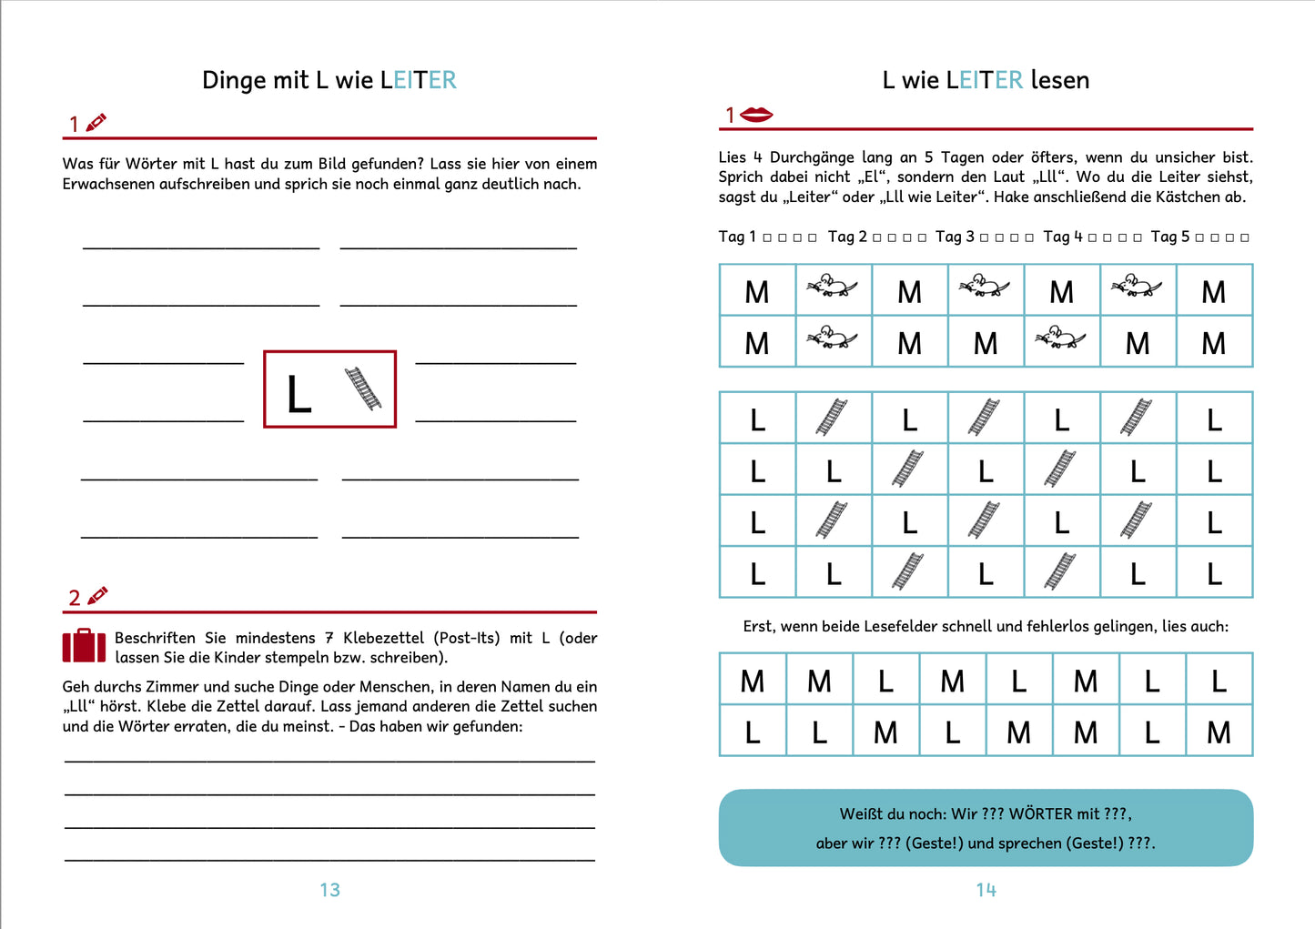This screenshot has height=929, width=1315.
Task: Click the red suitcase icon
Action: [84, 646]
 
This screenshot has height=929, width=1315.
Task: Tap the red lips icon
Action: [756, 115]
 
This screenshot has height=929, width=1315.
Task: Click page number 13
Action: [329, 890]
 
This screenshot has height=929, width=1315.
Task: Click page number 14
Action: [986, 890]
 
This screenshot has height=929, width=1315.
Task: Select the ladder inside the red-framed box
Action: [362, 389]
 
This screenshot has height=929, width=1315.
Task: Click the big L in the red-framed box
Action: [298, 394]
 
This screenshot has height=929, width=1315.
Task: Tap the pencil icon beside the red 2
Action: [97, 596]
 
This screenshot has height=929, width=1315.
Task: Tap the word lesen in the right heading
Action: [1060, 80]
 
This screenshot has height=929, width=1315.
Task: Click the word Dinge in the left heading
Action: [233, 81]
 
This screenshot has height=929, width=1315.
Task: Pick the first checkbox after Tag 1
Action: [767, 237]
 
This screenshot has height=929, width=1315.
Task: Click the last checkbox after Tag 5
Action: [1244, 237]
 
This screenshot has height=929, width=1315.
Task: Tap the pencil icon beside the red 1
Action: [96, 122]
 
